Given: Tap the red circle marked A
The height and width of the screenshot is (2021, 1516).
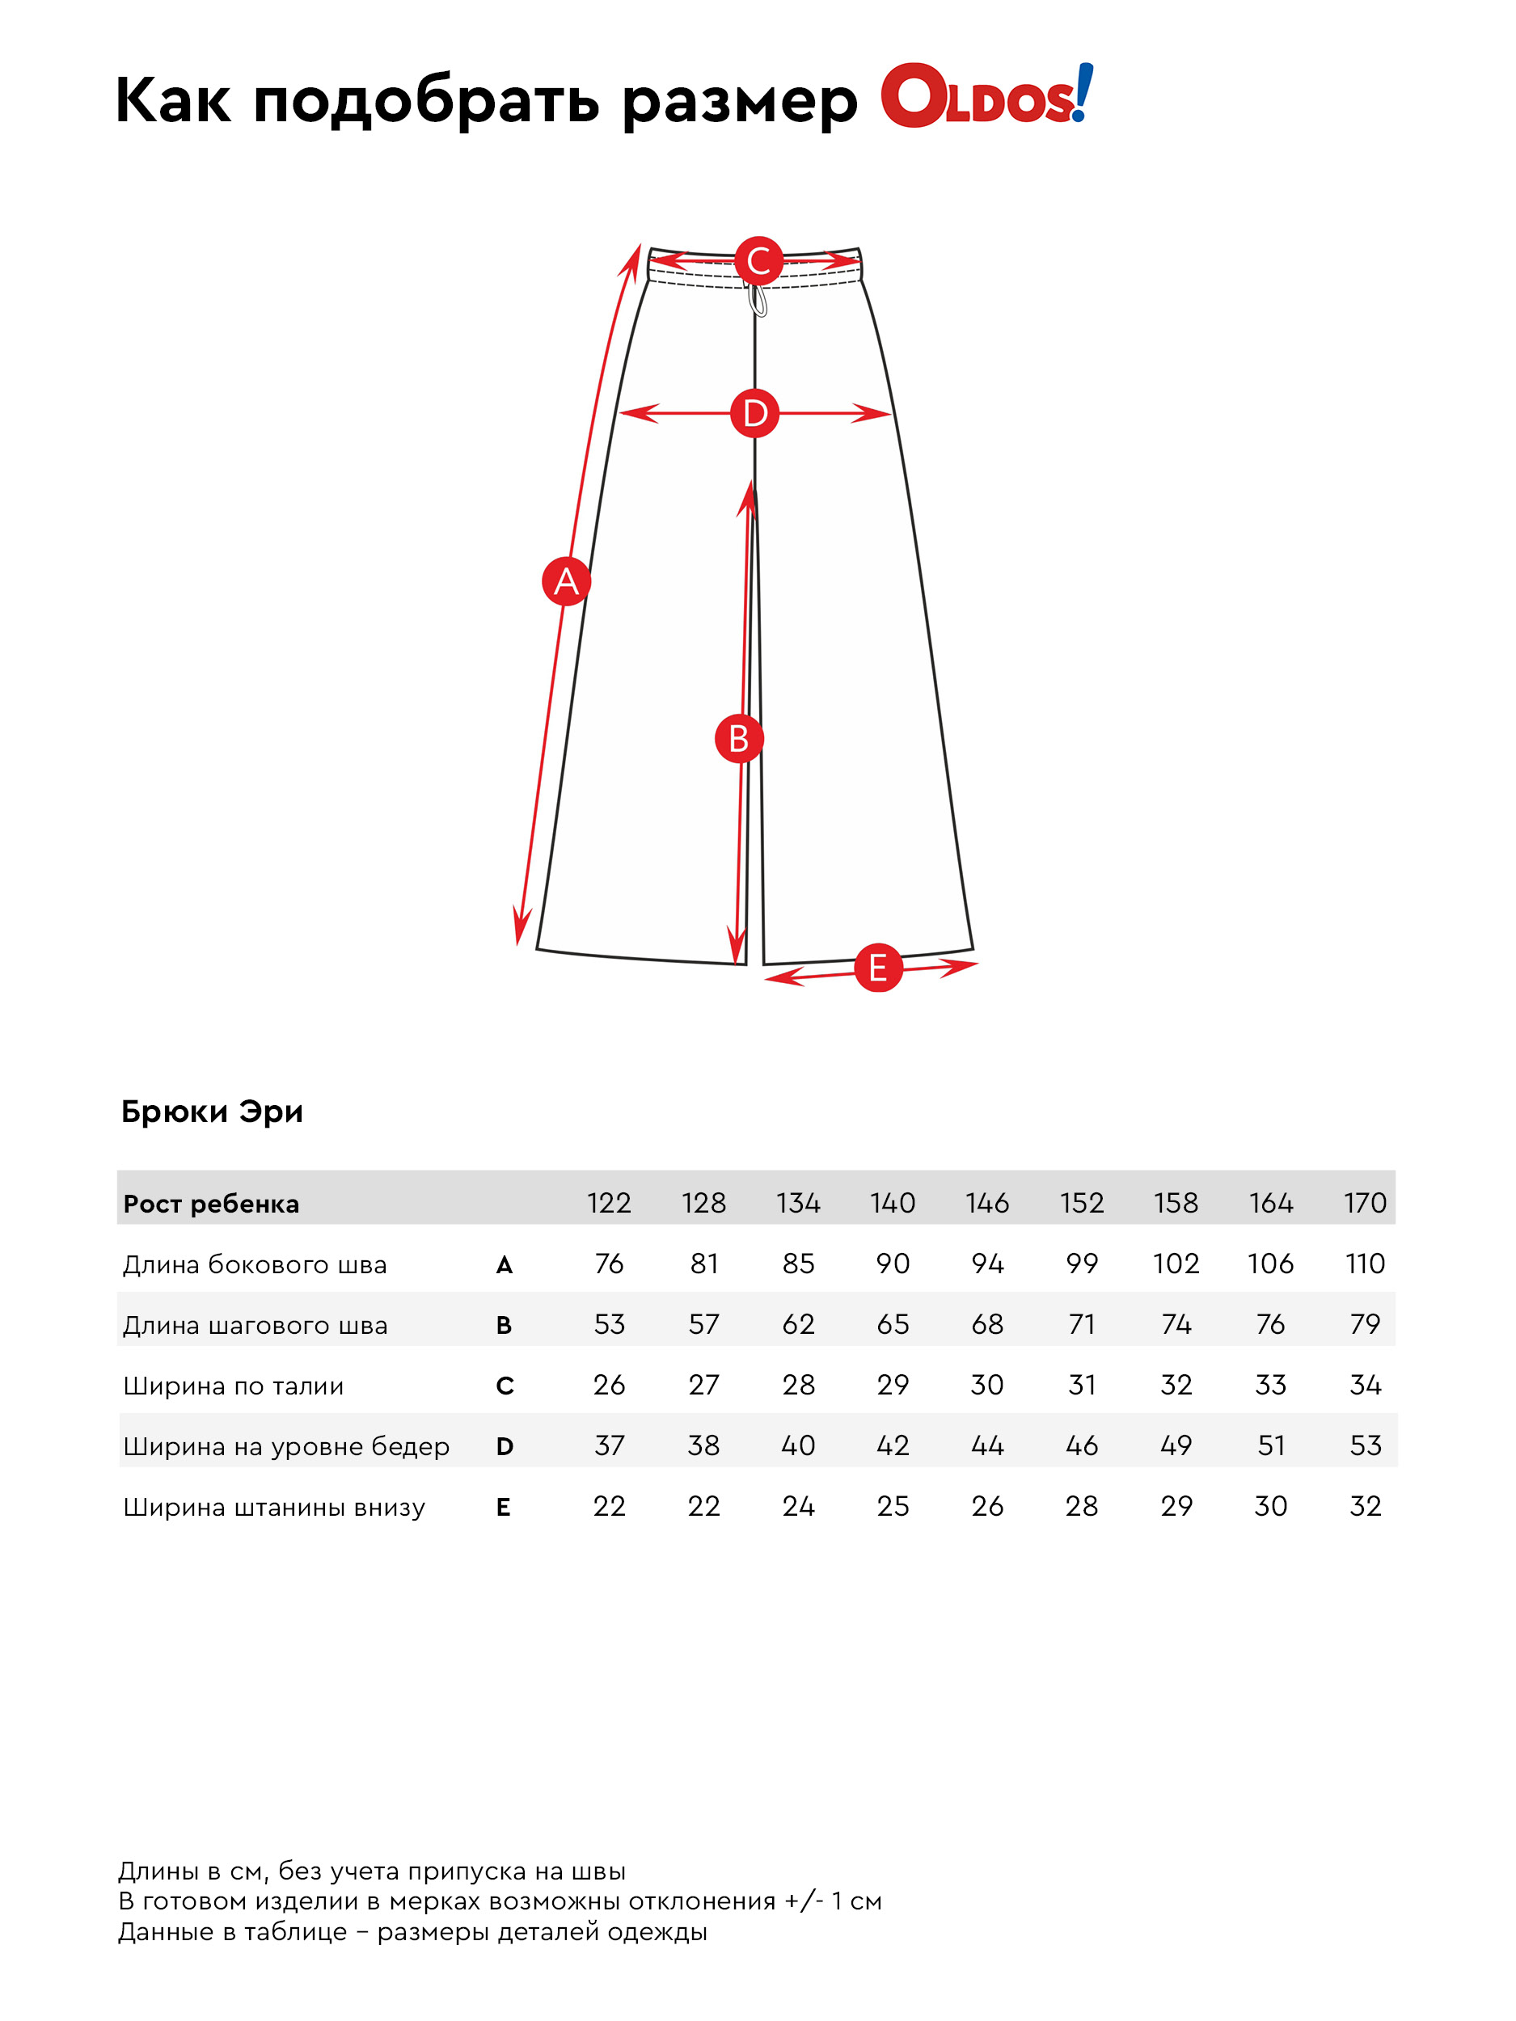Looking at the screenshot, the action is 567,581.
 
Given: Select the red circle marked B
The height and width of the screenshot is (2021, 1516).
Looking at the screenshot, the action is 738,738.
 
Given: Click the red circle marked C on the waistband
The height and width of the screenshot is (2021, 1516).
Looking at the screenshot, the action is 758,261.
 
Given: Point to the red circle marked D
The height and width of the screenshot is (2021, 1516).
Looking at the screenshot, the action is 755,413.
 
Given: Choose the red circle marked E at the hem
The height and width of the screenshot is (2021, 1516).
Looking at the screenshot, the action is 878,968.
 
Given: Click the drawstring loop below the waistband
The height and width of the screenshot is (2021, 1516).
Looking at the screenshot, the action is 758,301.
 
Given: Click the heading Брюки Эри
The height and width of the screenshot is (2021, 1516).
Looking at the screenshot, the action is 212,1112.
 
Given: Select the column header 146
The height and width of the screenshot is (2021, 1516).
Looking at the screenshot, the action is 987,1202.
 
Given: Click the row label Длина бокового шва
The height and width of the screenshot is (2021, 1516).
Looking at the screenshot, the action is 255,1264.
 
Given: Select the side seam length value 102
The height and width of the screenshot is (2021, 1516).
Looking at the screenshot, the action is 1176,1264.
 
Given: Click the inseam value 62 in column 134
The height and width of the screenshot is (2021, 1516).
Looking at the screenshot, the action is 798,1324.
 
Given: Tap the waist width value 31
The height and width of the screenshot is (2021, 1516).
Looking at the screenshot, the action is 1082,1384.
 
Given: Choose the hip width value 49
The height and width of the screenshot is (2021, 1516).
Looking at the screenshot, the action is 1176,1445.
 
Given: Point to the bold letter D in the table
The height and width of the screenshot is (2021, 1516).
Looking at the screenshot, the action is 505,1446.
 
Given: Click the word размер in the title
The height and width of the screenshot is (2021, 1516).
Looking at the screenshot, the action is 740,101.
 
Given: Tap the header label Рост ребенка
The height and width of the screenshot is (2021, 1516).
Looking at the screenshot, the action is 211,1205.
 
